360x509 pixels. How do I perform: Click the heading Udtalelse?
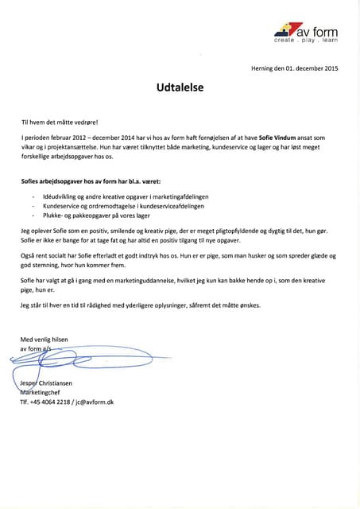pyautogui.click(x=180, y=91)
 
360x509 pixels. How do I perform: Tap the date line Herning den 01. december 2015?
pyautogui.click(x=294, y=69)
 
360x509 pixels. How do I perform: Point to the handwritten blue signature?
pyautogui.click(x=87, y=362)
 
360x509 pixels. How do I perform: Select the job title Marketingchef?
pyautogui.click(x=45, y=392)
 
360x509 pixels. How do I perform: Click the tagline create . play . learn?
pyautogui.click(x=306, y=40)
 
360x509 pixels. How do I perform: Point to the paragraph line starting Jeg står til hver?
pyautogui.click(x=140, y=305)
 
